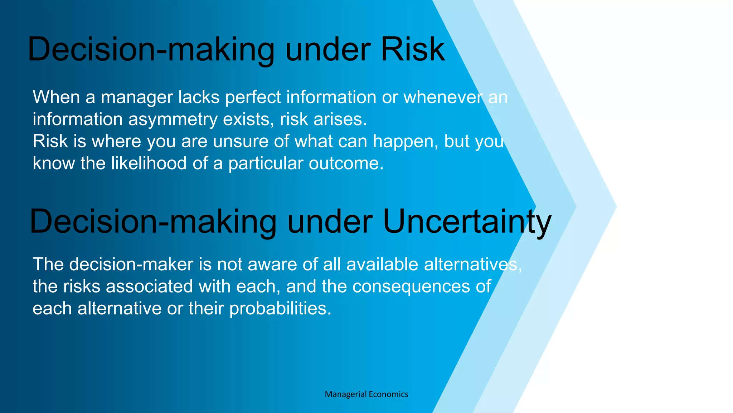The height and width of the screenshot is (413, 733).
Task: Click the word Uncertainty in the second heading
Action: click(x=467, y=222)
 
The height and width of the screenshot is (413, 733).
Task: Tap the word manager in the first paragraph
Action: click(x=137, y=97)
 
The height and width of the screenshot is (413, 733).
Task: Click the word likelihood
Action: click(x=149, y=163)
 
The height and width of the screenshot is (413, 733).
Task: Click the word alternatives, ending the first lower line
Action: click(x=472, y=265)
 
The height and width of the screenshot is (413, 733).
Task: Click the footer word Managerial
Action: click(x=345, y=394)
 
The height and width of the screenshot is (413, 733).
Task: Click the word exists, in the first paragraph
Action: click(x=248, y=119)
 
